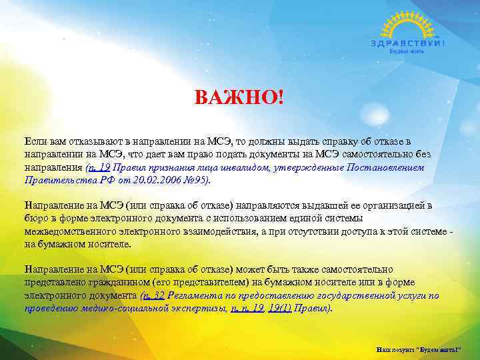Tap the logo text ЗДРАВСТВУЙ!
pyautogui.click(x=407, y=43)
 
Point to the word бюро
pyautogui.click(x=35, y=218)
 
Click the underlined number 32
pyautogui.click(x=158, y=295)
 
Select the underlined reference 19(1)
pyautogui.click(x=279, y=308)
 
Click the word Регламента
pyautogui.click(x=193, y=295)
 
